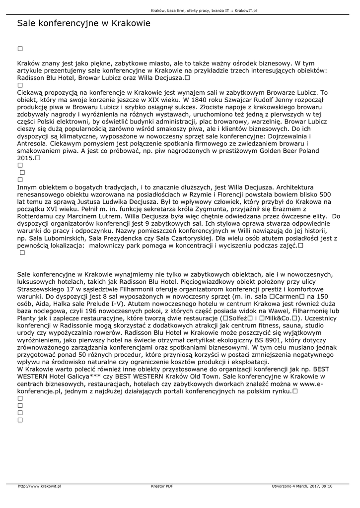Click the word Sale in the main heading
click(26, 23)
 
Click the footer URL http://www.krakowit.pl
click(39, 486)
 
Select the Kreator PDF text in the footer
click(162, 486)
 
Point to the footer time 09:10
click(327, 486)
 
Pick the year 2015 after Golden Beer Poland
click(25, 157)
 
